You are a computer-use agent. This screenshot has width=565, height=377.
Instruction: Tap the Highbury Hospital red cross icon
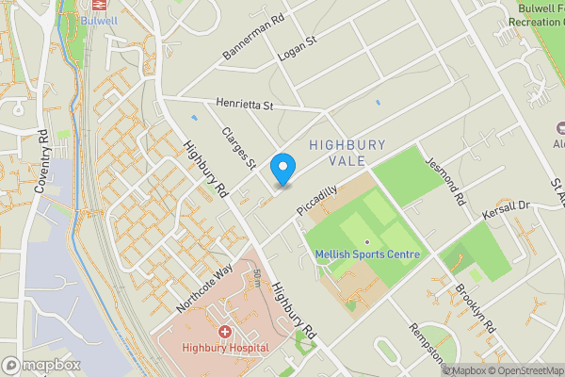(225, 332)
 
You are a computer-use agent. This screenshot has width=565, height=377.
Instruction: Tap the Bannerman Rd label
(252, 38)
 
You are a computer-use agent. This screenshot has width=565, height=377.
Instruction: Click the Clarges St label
(238, 149)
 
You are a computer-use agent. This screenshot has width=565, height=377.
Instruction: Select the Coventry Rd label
(41, 169)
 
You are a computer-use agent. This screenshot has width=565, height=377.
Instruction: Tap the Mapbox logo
(41, 365)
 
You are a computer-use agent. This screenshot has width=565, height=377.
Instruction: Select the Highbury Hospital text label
(226, 349)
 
